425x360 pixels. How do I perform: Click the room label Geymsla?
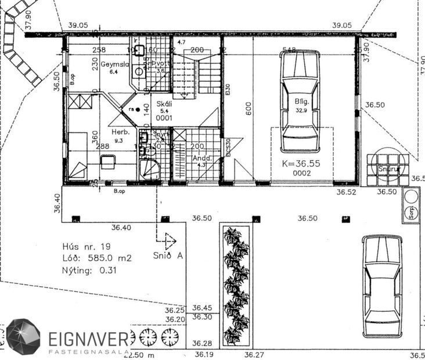coord(114,64)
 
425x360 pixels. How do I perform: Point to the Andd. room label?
coord(201,157)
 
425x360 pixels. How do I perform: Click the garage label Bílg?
coord(300,101)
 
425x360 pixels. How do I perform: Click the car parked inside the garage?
coord(300,102)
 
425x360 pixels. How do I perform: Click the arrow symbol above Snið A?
coord(168,240)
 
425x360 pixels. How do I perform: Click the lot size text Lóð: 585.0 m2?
coord(96,258)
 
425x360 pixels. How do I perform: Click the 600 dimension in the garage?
coord(249,110)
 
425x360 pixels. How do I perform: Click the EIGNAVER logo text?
coord(88,338)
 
